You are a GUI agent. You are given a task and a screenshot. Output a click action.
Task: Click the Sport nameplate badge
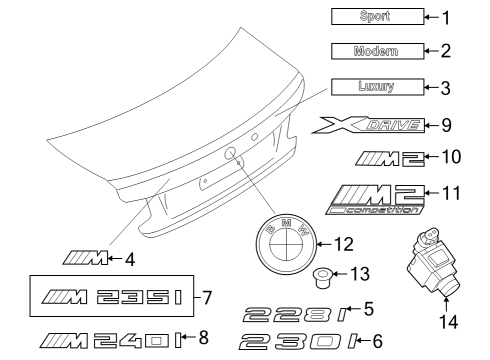[x=375, y=16]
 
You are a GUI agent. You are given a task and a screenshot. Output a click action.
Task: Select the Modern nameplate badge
[x=375, y=50]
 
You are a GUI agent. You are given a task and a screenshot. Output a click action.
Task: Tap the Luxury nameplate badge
[x=375, y=86]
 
